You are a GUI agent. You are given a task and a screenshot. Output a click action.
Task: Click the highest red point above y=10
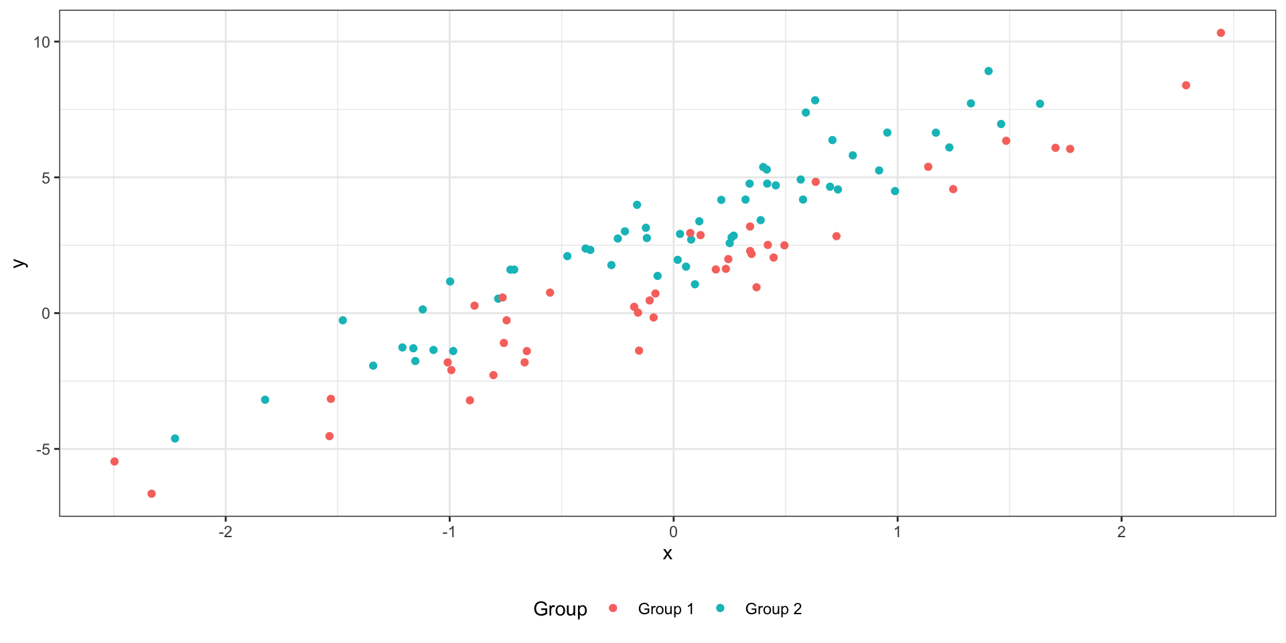tap(1220, 33)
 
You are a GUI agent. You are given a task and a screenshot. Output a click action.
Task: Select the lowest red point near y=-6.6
tap(151, 494)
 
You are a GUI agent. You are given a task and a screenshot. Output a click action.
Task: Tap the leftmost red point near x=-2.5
tap(115, 461)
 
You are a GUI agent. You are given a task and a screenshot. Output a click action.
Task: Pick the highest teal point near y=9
tap(989, 71)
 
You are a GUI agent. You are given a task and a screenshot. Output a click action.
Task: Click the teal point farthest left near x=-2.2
tap(175, 439)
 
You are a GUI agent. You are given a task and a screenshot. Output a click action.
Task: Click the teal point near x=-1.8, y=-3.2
tap(265, 400)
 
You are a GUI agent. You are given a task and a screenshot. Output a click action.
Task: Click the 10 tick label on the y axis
tap(42, 42)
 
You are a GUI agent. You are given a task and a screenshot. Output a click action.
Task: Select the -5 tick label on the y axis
tap(42, 449)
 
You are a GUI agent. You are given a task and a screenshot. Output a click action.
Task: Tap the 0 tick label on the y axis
tap(46, 313)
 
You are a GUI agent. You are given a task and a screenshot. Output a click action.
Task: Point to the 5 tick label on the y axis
tap(46, 178)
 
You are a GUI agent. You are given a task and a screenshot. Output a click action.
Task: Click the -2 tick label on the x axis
tap(225, 532)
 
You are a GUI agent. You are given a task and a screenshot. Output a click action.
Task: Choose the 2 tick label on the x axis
tap(1121, 532)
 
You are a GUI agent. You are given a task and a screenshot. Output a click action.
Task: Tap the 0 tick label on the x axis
tap(673, 532)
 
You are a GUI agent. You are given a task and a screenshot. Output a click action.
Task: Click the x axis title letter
tap(667, 553)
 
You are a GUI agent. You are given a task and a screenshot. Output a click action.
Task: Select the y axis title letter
tap(19, 263)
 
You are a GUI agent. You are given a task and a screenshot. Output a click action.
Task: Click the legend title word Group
tap(560, 609)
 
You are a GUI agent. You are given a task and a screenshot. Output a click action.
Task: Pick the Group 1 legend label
tap(666, 609)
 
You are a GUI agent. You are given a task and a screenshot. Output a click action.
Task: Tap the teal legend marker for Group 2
tap(721, 608)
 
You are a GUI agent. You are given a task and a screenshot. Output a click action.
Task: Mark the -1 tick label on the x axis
tap(449, 532)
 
